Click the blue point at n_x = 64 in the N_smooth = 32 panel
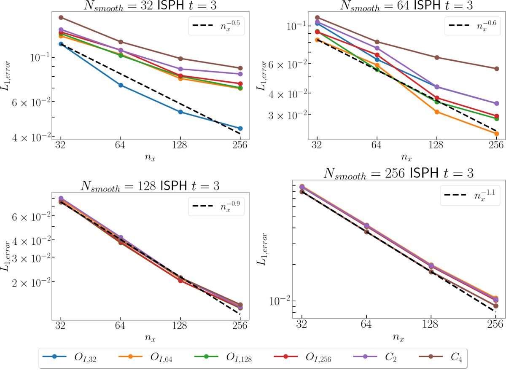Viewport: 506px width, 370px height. [x=121, y=85]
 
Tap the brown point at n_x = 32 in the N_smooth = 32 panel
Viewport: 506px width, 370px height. [x=61, y=17]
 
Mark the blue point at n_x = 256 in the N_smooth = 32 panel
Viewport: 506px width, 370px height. [x=240, y=129]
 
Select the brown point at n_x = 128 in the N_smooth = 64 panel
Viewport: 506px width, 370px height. [x=437, y=57]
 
